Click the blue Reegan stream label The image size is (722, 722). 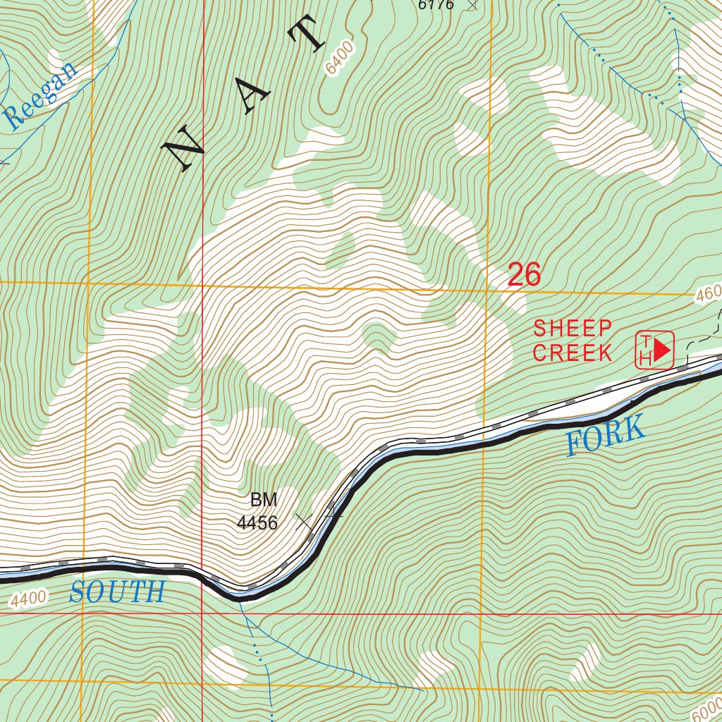pos(42,96)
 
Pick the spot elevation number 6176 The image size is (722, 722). pos(437,5)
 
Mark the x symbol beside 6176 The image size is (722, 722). pos(472,4)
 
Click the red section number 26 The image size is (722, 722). pos(524,275)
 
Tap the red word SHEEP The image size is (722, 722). pos(573,328)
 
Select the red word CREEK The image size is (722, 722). pos(573,353)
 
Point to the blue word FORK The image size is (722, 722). pos(606,436)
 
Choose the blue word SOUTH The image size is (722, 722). pos(117,592)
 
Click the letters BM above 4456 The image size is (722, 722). pos(264,501)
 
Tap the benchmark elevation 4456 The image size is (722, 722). pos(257,523)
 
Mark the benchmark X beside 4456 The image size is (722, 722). pos(304,522)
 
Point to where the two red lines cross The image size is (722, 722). pos(202,613)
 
